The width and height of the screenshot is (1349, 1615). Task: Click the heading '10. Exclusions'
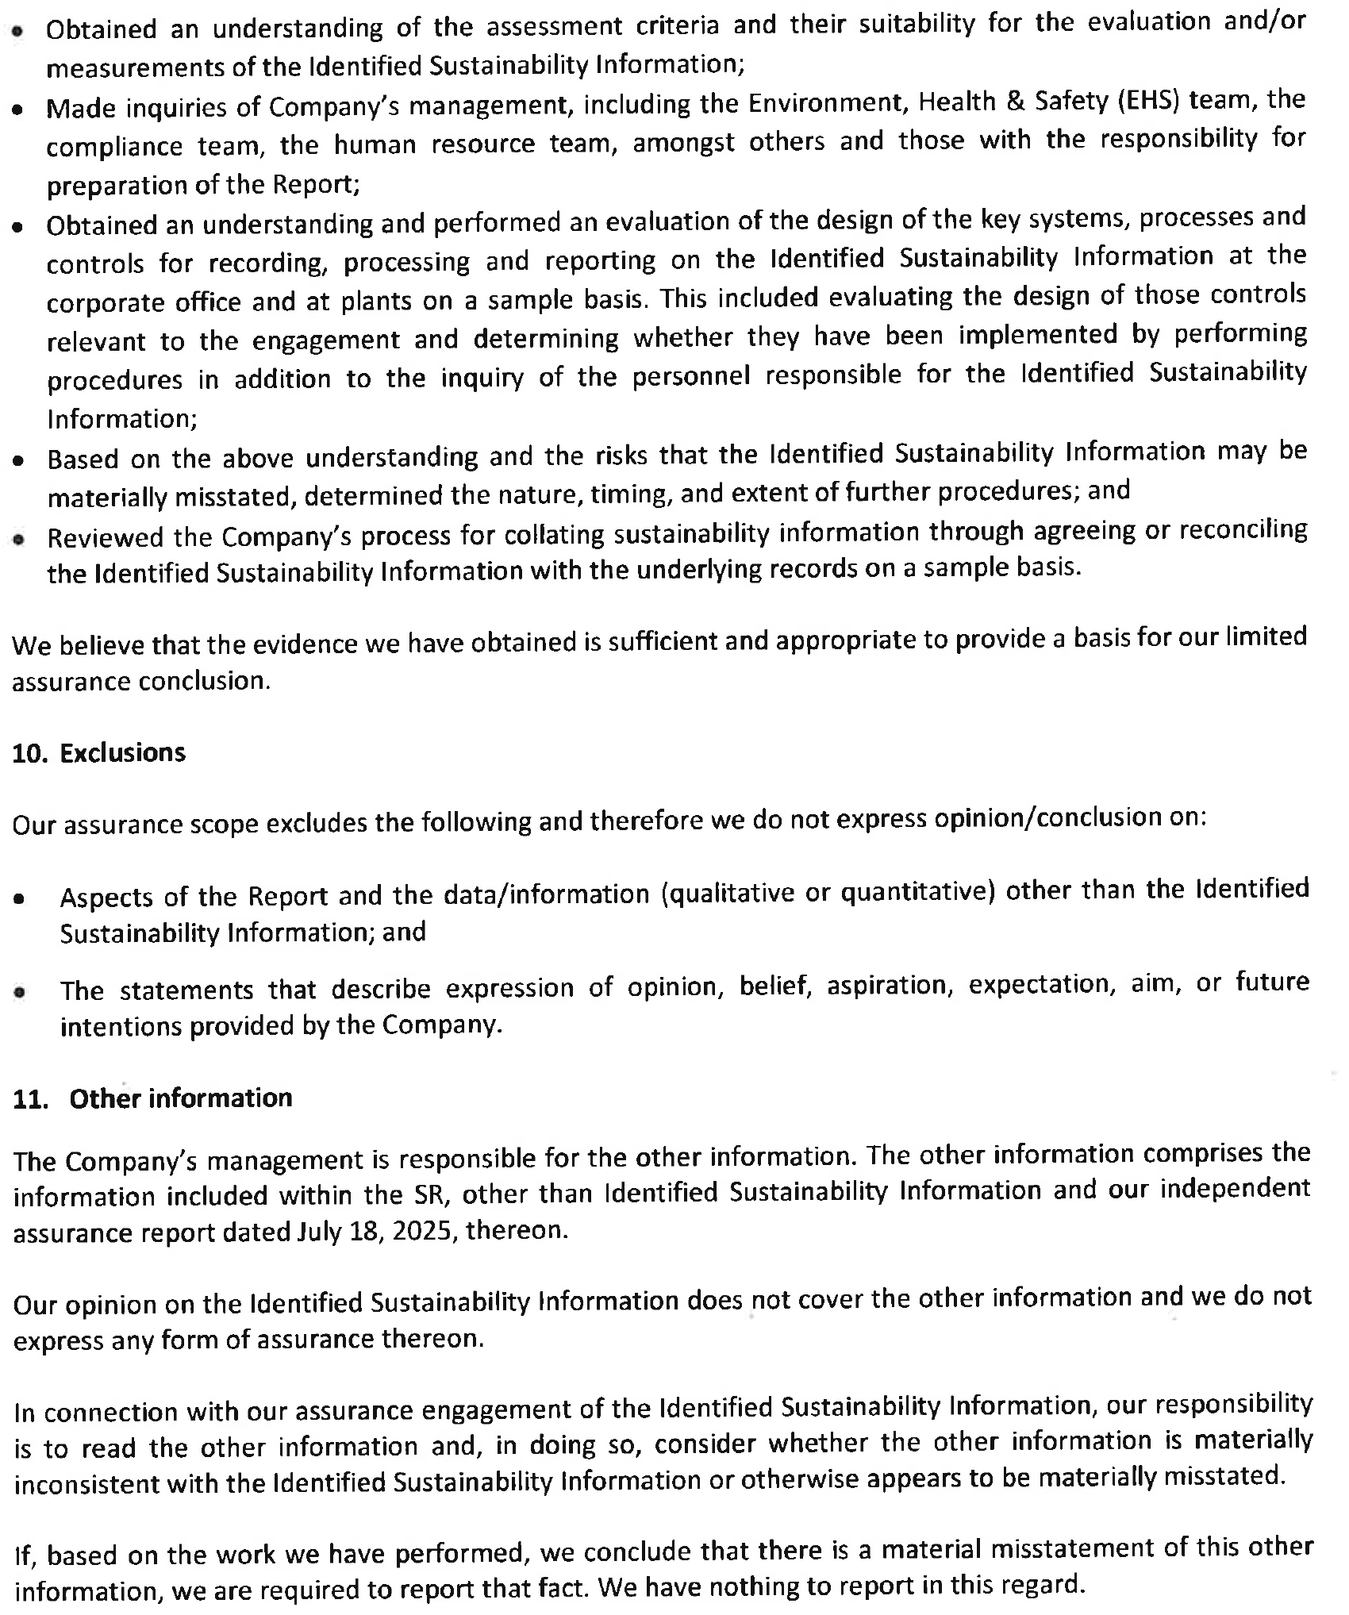tap(99, 752)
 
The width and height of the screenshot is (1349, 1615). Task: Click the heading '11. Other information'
tap(153, 1098)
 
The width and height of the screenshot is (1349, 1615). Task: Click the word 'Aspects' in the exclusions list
tap(106, 897)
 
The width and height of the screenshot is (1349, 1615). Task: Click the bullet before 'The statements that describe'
tap(18, 992)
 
